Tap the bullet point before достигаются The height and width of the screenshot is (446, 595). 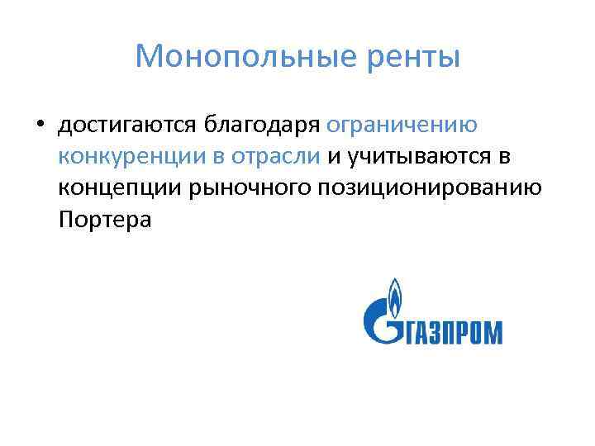point(39,126)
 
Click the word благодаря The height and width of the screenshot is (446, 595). point(262,125)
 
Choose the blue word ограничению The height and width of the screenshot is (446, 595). point(402,125)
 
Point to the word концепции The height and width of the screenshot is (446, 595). point(121,188)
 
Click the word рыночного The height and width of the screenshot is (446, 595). point(250,188)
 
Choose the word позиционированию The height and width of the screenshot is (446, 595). point(430,188)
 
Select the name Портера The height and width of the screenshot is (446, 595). point(106,220)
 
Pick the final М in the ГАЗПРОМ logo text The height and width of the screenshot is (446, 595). point(491,332)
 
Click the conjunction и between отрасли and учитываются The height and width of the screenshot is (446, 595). point(334,156)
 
